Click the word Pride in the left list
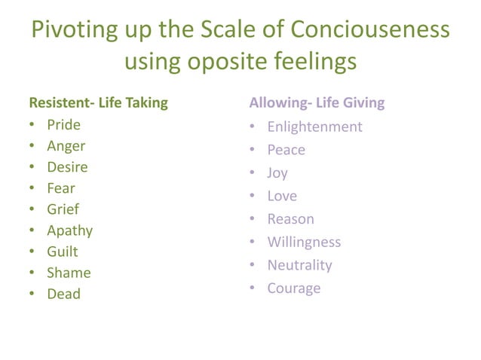point(63,125)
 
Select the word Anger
point(66,146)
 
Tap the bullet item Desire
point(67,167)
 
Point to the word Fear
point(61,188)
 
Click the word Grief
point(63,209)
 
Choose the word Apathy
point(70,230)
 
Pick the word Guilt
point(63,252)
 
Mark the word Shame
point(69,273)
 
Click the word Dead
point(63,294)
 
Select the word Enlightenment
point(314,127)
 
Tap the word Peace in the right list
point(286,150)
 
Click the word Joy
point(277,173)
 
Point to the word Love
point(282,196)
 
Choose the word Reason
point(290,219)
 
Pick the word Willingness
point(304,242)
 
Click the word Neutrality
point(299,265)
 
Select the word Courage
point(294,288)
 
